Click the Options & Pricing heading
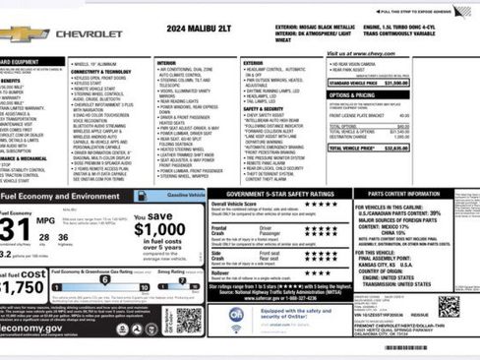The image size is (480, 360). pyautogui.click(x=352, y=97)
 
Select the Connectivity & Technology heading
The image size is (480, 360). pyautogui.click(x=103, y=71)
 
